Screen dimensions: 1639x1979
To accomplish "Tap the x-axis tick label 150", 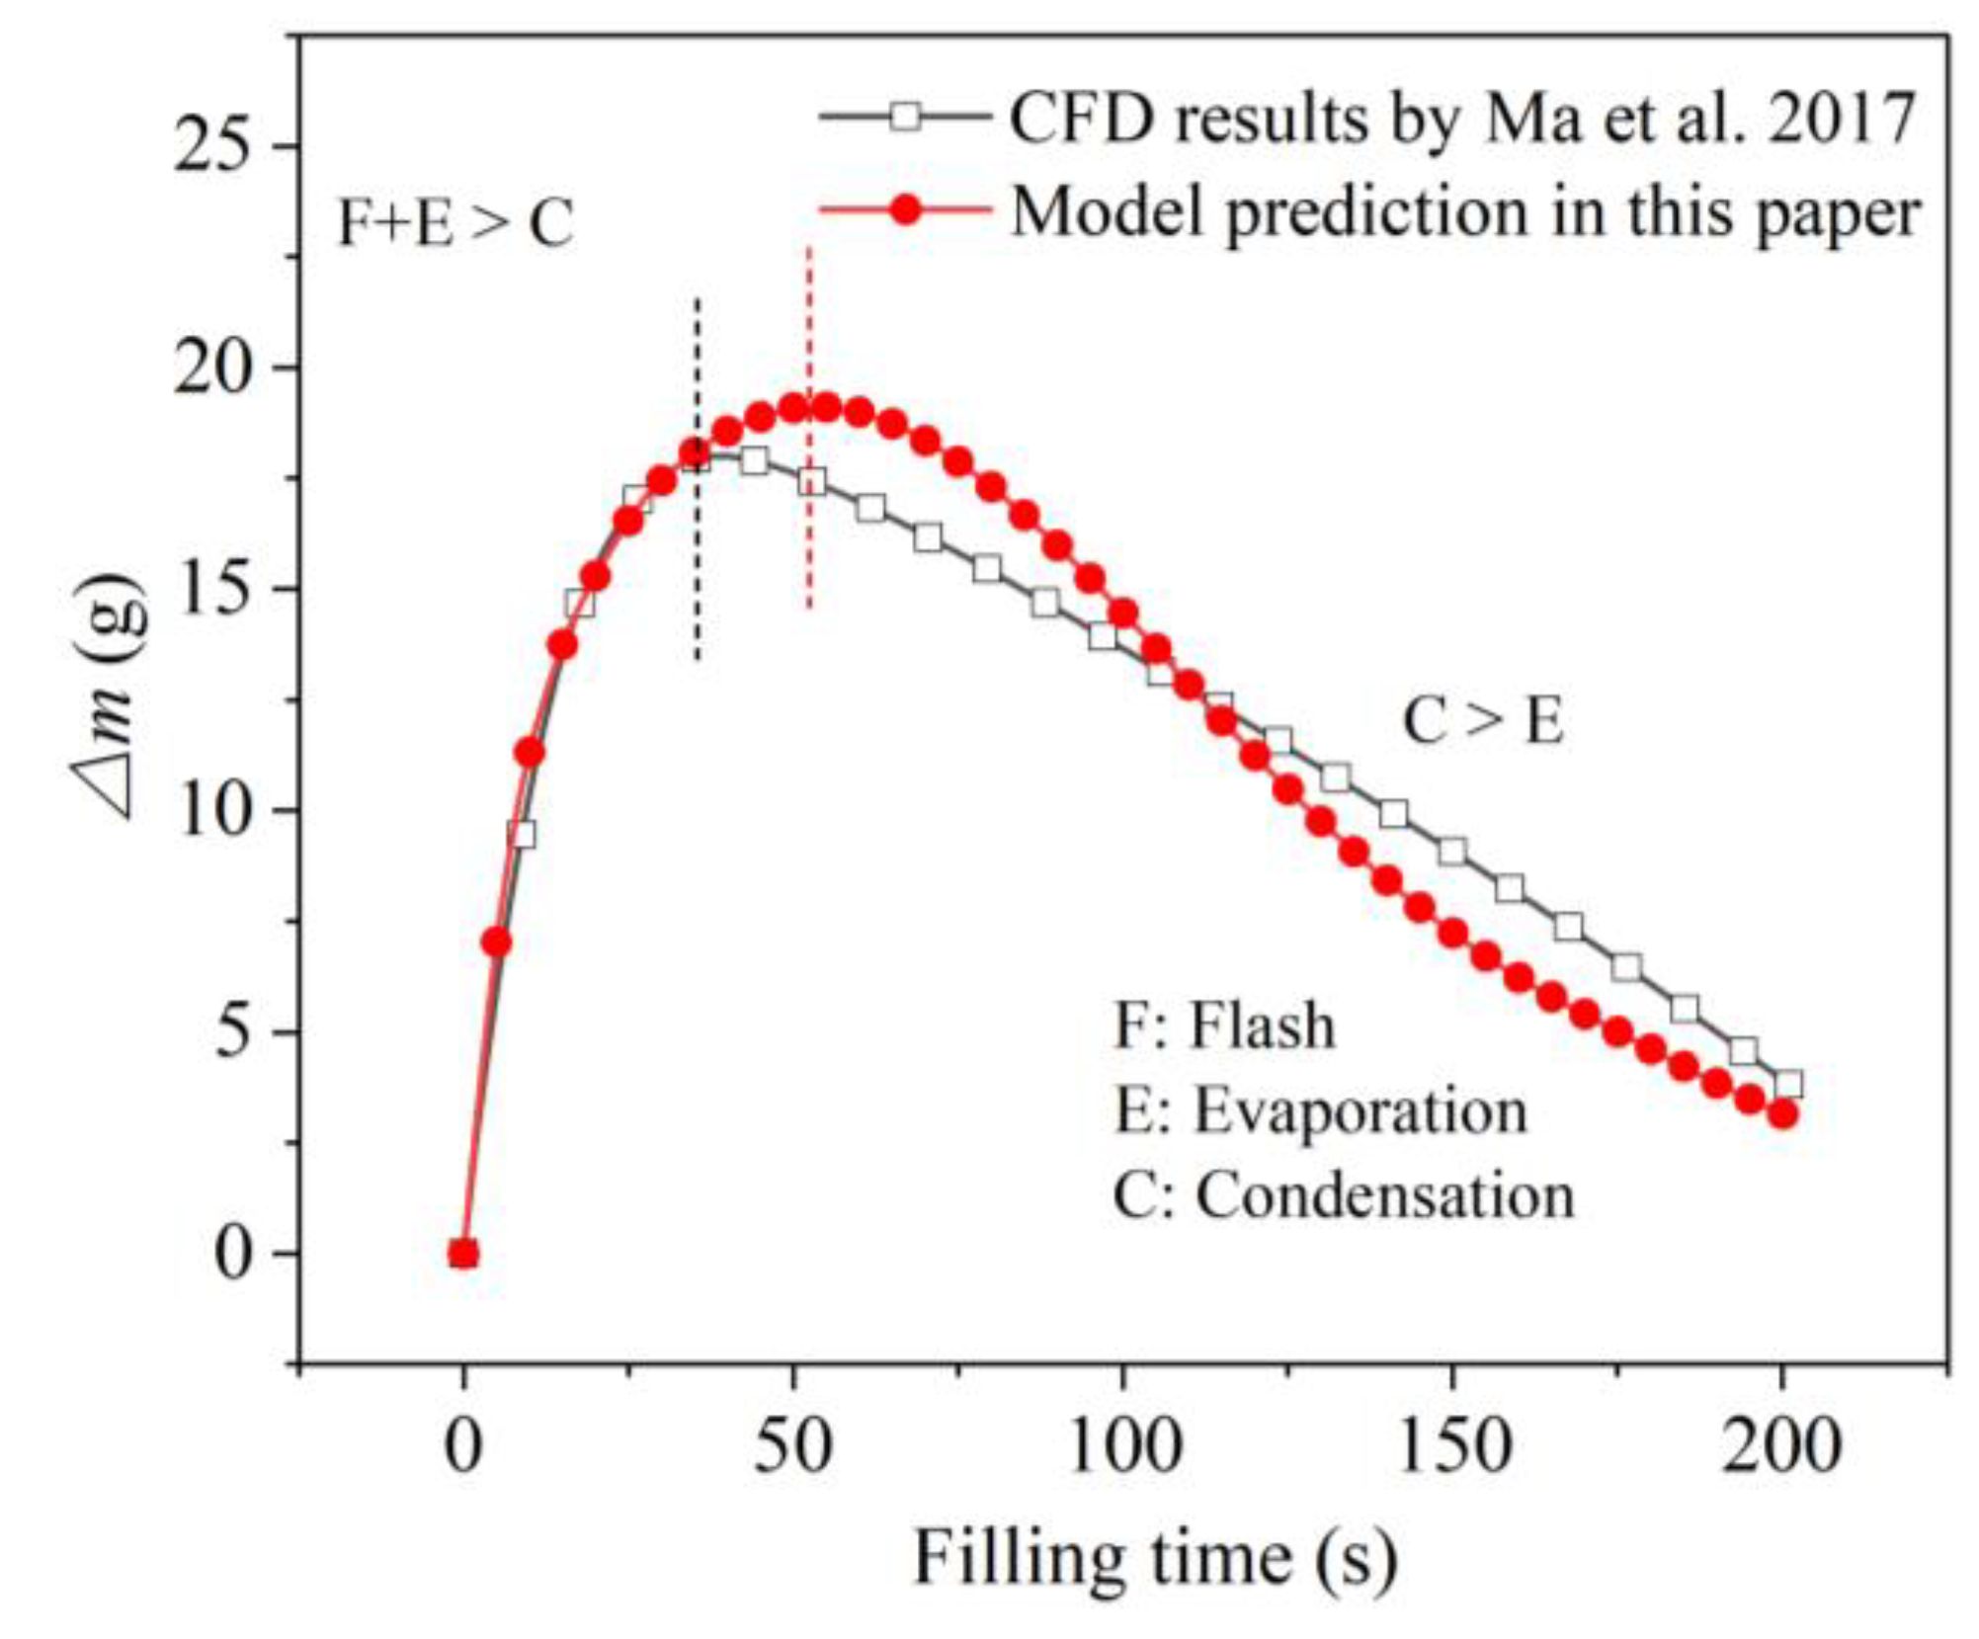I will [x=1452, y=1448].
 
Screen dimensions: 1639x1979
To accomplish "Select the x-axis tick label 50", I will [x=793, y=1448].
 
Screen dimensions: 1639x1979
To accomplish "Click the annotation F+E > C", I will [x=455, y=223].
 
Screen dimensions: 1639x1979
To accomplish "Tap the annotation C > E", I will [x=1483, y=722].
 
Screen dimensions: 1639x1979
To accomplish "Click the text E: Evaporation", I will [x=1320, y=1110].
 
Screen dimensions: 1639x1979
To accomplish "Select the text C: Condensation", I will [x=1343, y=1195].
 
